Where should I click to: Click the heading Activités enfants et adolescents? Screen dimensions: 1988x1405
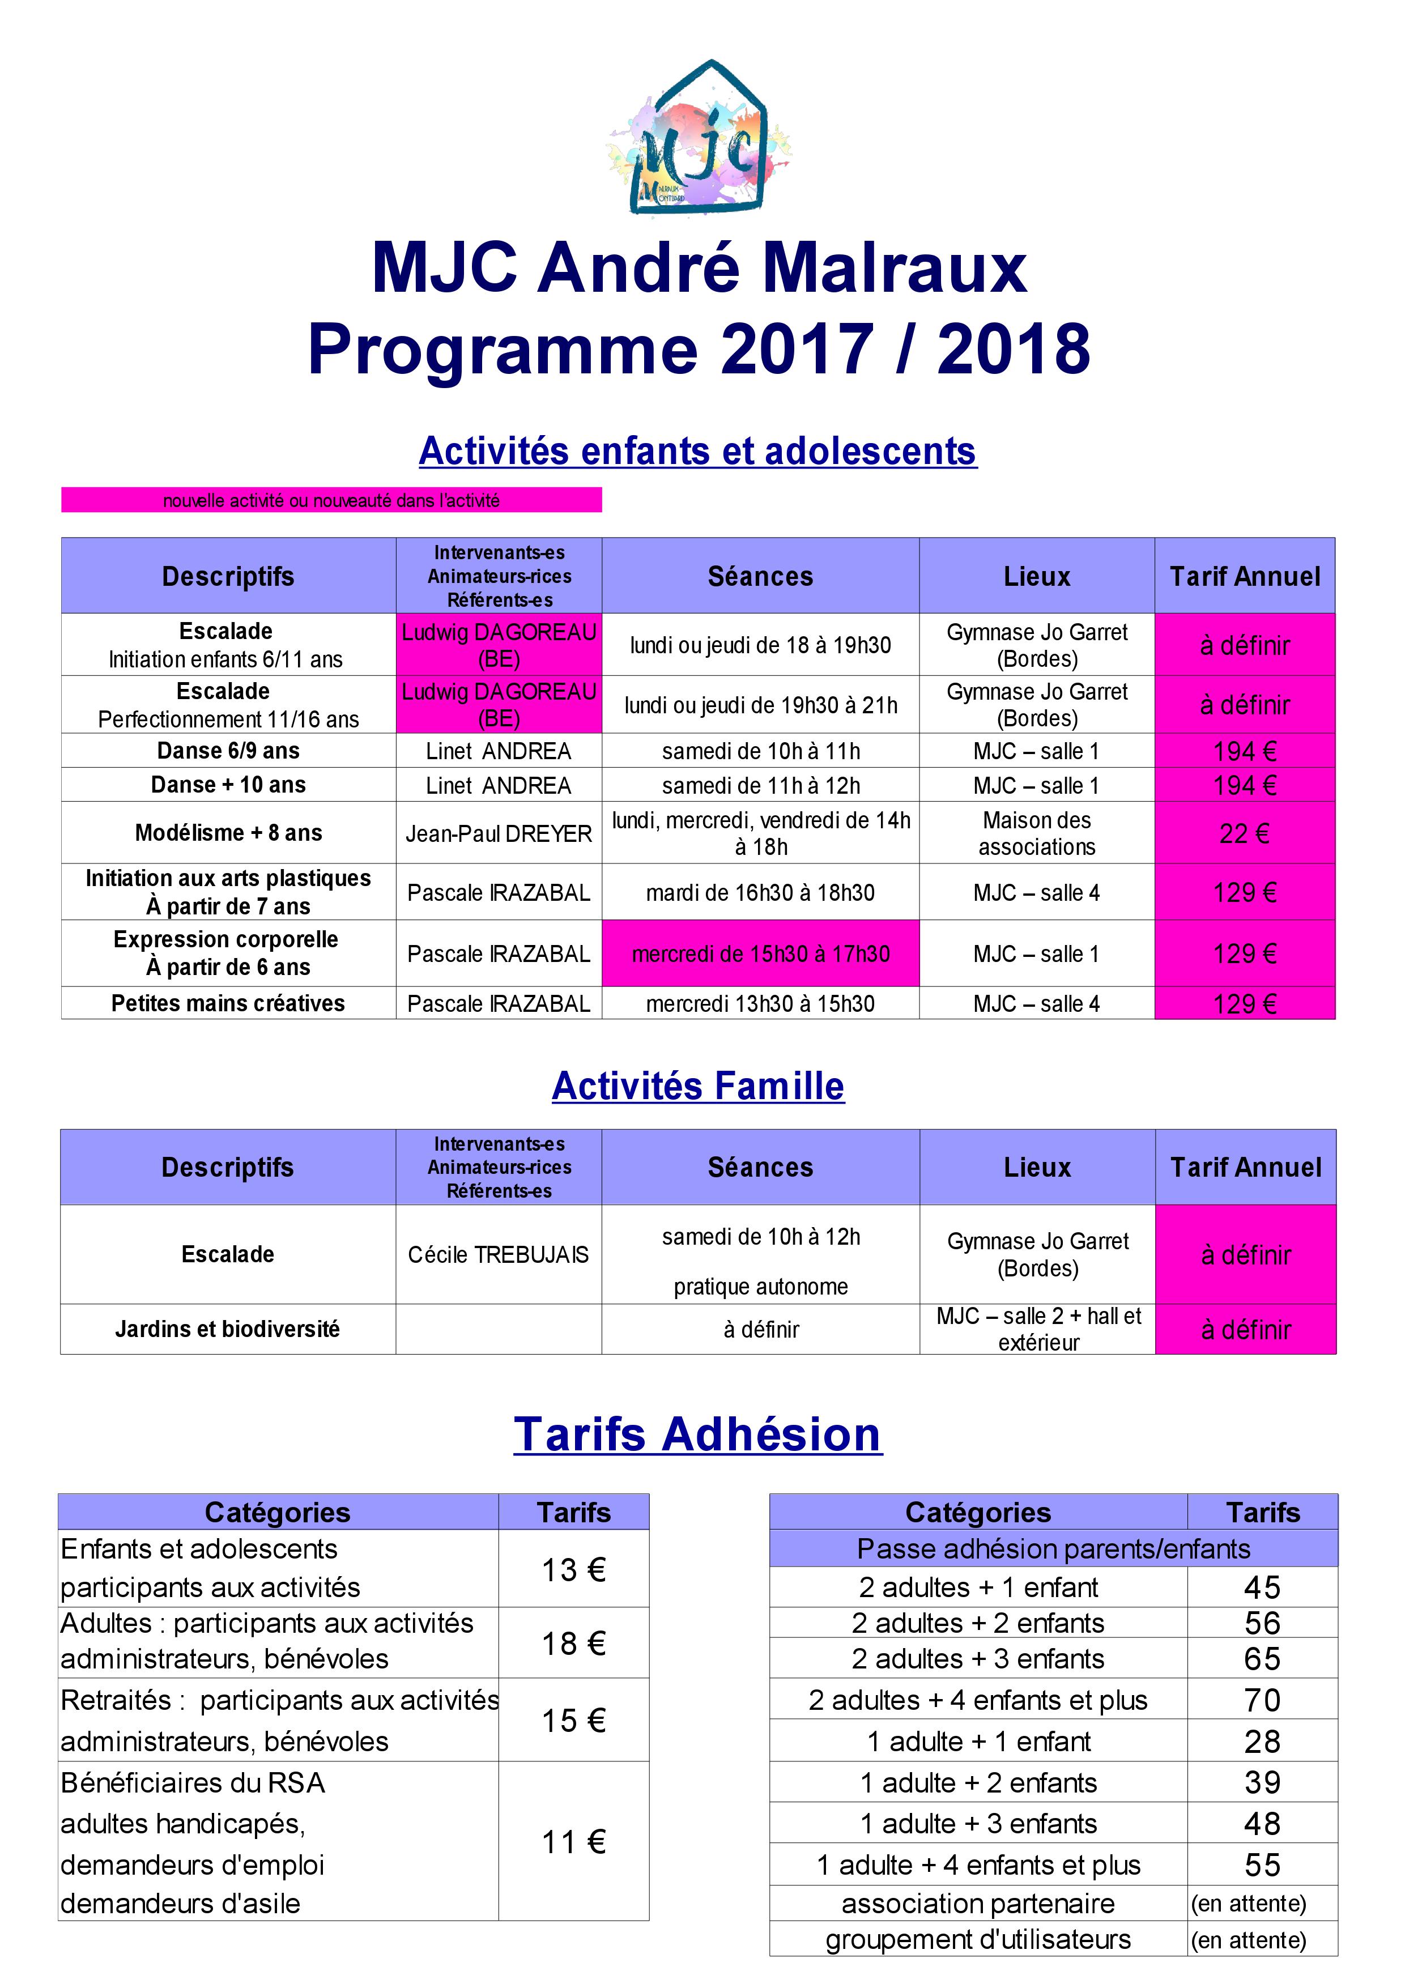698,451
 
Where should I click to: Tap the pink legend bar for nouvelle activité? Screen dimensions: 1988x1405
331,500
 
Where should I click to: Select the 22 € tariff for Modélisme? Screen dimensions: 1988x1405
1244,833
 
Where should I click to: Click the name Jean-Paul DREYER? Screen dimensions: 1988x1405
499,833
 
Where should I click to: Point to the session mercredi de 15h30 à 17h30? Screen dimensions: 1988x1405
760,953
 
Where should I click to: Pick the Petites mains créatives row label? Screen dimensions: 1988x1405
228,1003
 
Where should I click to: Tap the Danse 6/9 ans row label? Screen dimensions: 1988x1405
228,751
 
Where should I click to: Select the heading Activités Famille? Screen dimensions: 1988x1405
698,1086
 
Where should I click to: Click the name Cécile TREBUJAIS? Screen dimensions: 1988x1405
498,1255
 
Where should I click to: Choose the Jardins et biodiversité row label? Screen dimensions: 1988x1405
228,1329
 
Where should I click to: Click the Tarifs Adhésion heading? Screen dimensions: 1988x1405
698,1434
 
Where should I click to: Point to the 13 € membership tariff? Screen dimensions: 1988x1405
573,1570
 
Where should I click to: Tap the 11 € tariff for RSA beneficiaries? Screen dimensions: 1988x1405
573,1842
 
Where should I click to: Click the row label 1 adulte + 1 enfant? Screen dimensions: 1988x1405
978,1741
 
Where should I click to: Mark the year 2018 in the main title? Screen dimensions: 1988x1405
1013,349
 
